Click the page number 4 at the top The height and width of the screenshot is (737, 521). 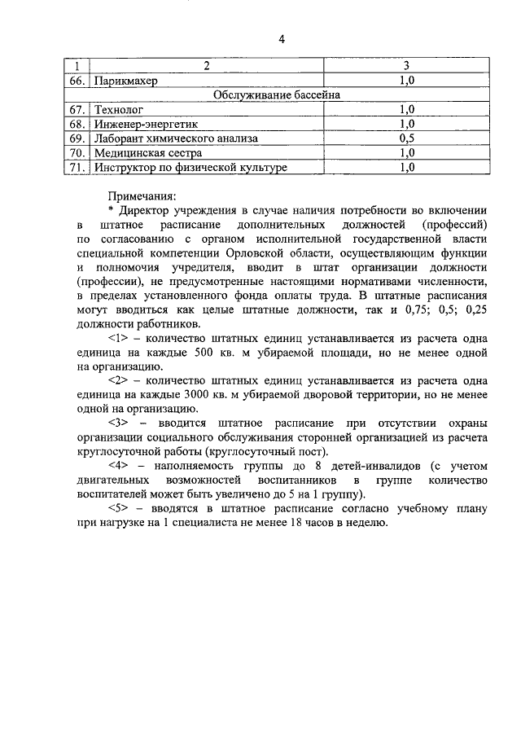(x=281, y=38)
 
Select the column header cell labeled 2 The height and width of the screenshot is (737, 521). (x=206, y=65)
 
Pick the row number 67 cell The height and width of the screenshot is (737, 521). (x=77, y=109)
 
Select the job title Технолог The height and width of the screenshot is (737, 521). (x=119, y=109)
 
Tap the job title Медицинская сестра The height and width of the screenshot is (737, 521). (x=146, y=153)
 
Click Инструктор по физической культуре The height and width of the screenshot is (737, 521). (x=190, y=168)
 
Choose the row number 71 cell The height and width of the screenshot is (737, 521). (x=77, y=168)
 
